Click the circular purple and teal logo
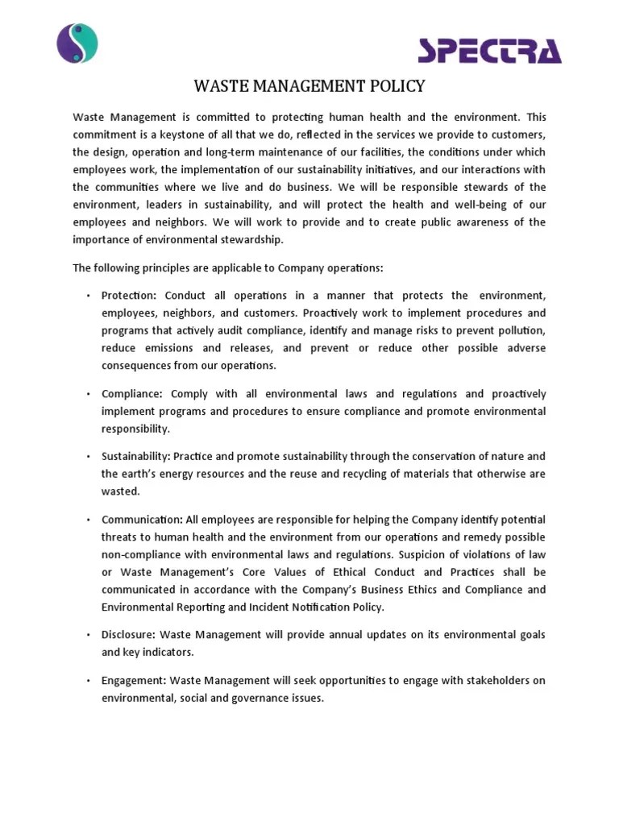pyautogui.click(x=77, y=43)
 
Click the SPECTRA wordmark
pyautogui.click(x=489, y=51)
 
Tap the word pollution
pyautogui.click(x=519, y=330)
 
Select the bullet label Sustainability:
pyautogui.click(x=135, y=456)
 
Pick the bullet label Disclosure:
pyautogui.click(x=131, y=635)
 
